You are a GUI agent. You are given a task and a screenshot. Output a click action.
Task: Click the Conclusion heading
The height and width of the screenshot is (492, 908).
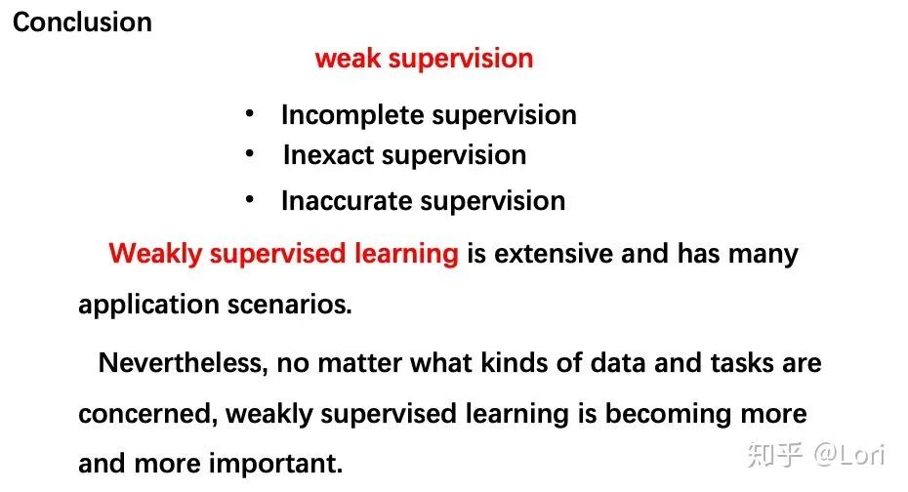(x=82, y=22)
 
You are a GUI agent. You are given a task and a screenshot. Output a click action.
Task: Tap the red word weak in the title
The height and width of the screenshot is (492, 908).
(x=348, y=59)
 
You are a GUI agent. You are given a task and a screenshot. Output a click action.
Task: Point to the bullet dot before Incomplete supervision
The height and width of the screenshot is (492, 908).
(x=251, y=114)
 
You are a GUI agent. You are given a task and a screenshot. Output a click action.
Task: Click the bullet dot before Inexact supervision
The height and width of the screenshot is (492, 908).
(x=251, y=154)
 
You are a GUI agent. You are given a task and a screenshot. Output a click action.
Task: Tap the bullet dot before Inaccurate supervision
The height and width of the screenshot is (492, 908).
(x=251, y=200)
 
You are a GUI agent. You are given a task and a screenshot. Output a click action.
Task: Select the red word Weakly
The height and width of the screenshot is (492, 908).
(x=156, y=255)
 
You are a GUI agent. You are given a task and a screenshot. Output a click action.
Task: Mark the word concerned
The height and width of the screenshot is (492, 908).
(x=147, y=414)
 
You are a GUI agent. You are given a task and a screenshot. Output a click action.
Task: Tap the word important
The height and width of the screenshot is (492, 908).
(x=280, y=463)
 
